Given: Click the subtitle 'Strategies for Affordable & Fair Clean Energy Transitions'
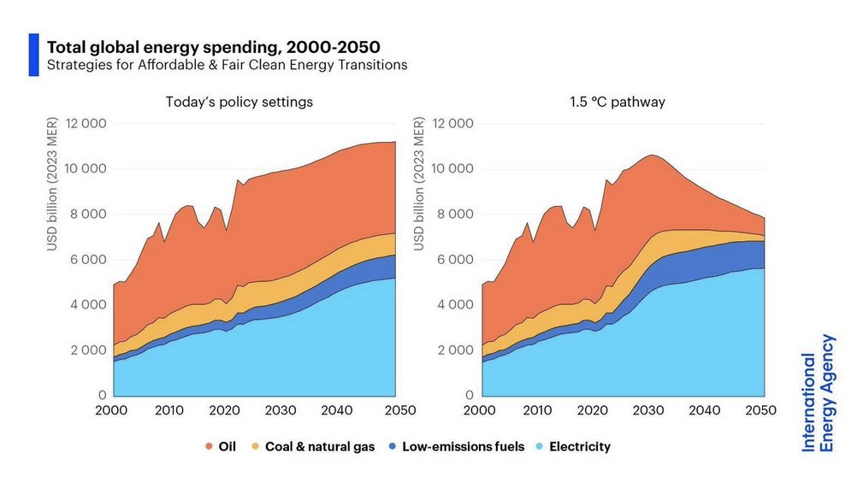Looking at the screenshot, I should (x=227, y=65).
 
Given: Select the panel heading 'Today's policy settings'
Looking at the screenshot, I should (x=239, y=102).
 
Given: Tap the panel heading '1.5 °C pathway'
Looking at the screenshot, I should (x=618, y=102).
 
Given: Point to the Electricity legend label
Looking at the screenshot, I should (x=580, y=446).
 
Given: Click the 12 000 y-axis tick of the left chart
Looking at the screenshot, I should (x=86, y=123).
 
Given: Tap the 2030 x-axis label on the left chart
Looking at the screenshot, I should (x=281, y=411).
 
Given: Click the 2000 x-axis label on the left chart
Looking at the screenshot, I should (x=114, y=411).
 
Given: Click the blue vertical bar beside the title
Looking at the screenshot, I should (x=34, y=55).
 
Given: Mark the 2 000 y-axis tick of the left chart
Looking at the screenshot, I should (x=89, y=350).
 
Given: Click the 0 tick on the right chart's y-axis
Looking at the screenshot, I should (x=469, y=396).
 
